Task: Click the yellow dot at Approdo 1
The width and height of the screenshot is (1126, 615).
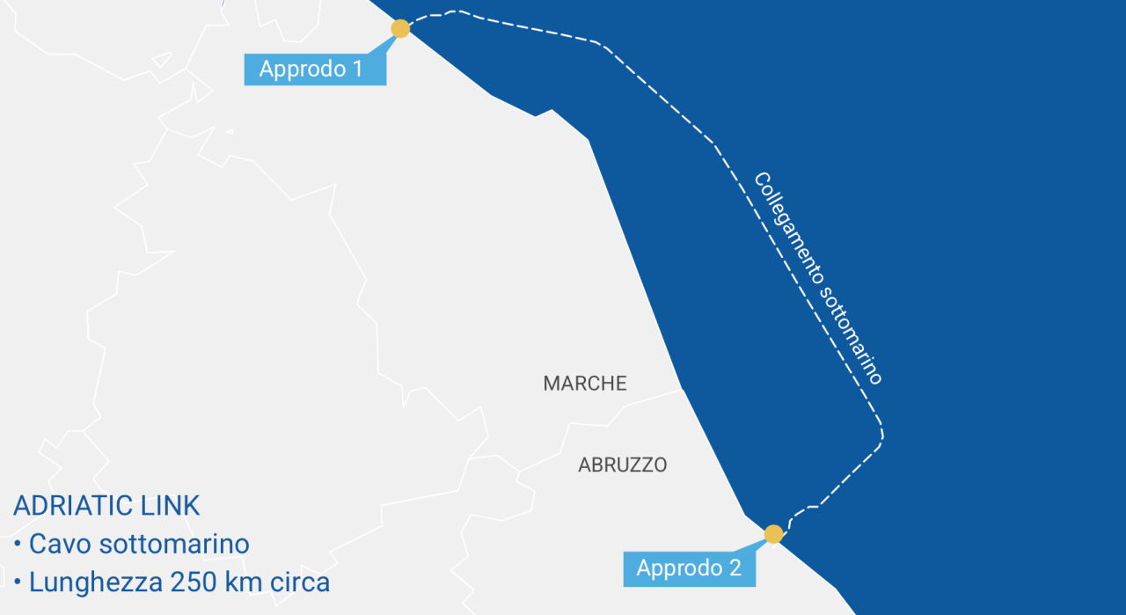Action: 400,29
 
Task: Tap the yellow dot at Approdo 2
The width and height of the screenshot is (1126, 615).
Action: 773,534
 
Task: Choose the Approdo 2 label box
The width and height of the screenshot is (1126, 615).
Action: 689,568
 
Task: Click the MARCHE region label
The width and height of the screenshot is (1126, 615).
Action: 585,384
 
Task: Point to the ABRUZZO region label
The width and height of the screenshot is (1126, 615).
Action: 622,465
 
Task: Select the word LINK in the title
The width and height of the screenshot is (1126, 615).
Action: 171,506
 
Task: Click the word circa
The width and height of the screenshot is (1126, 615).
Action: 299,582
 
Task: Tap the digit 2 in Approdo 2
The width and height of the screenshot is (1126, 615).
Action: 735,568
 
